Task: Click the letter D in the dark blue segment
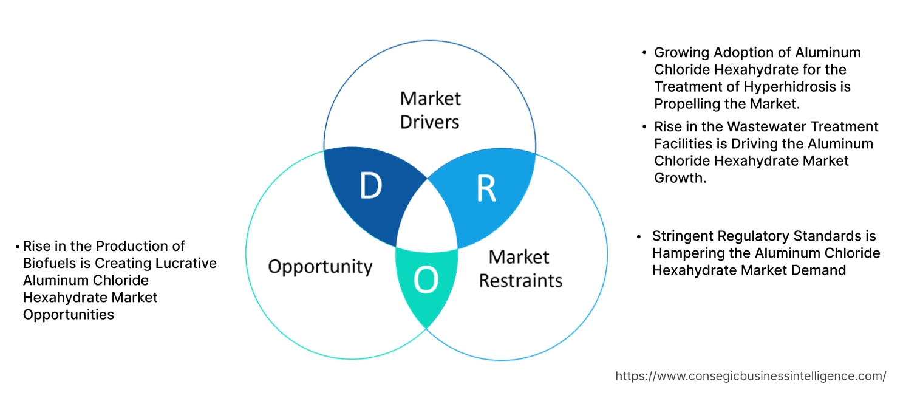[370, 187]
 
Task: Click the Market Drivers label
[430, 110]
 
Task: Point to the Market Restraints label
[520, 269]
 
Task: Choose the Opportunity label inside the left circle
[320, 266]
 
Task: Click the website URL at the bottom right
[751, 376]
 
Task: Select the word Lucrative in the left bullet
[184, 263]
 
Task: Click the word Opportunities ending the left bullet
[69, 314]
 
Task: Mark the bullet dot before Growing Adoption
[644, 53]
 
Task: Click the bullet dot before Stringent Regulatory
[638, 236]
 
